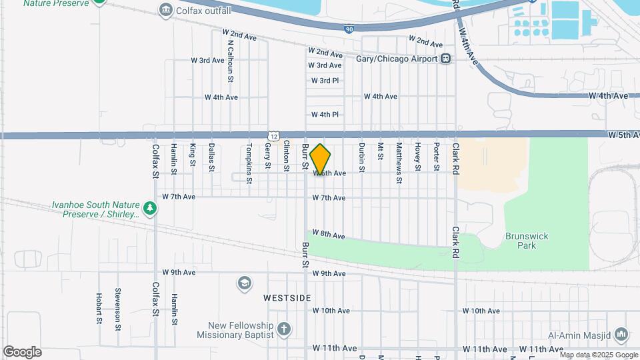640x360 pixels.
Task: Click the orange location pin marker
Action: coord(321,159)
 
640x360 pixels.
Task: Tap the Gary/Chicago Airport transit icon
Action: coord(445,59)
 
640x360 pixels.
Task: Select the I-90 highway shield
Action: coord(349,29)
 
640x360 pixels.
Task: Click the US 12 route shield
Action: coord(274,135)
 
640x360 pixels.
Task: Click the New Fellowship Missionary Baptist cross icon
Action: coord(284,329)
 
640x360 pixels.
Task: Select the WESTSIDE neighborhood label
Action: coord(287,297)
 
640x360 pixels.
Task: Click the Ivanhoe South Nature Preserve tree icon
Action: coord(151,209)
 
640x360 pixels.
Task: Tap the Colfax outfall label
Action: coord(203,11)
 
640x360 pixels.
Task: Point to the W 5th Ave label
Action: coord(623,135)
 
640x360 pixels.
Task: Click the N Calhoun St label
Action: coord(230,61)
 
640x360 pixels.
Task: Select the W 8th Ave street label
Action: coord(329,235)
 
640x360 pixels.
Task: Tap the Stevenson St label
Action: coord(117,309)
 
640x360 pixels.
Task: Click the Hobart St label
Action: coord(98,309)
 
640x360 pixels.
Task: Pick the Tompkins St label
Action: coord(249,163)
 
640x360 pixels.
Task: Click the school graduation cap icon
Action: coord(245,284)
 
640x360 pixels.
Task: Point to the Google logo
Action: coord(22,351)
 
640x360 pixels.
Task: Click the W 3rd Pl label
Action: coord(325,81)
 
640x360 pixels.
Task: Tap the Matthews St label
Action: coord(399,162)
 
